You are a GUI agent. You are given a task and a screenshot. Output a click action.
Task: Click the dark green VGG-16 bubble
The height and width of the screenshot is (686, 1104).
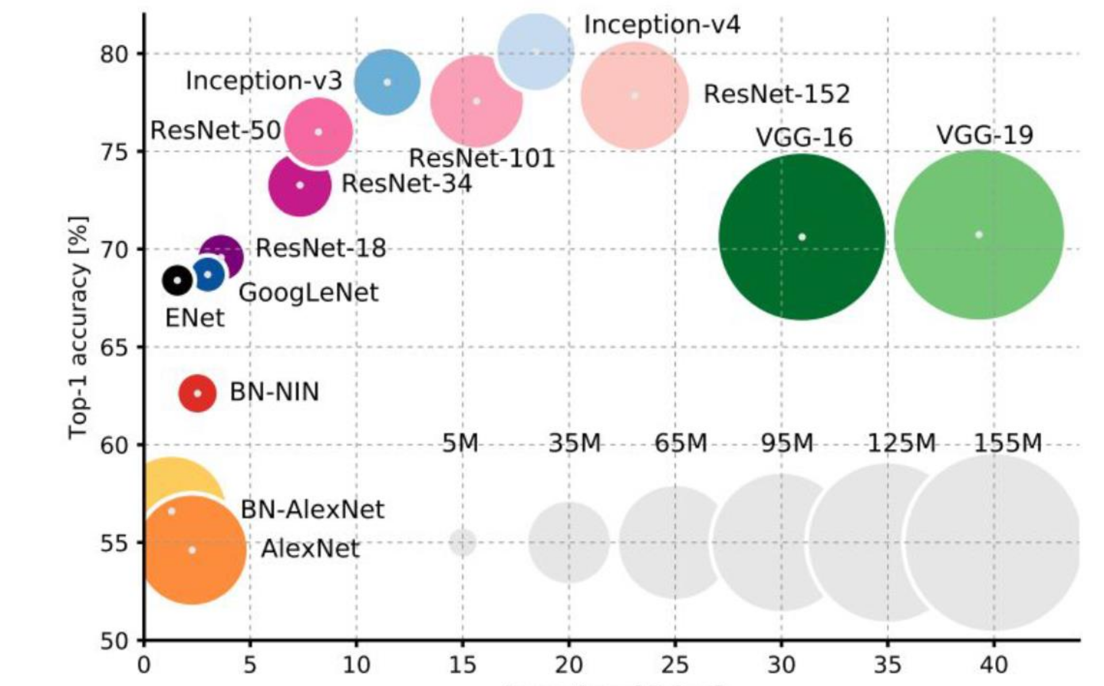801,237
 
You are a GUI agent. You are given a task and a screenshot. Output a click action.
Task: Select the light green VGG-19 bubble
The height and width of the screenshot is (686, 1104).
979,235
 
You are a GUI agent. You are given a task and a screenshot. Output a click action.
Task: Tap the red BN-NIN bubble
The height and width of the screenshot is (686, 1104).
197,393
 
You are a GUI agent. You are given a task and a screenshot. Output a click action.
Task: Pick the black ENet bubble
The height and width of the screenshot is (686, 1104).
178,281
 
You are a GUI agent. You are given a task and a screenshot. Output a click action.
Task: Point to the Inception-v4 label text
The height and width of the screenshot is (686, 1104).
662,25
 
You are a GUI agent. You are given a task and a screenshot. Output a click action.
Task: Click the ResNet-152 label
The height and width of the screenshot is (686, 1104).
777,94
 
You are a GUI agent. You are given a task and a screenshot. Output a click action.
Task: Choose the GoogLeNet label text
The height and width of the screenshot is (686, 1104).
308,293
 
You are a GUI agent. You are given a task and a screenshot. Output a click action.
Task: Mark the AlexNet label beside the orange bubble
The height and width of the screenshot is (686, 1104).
310,549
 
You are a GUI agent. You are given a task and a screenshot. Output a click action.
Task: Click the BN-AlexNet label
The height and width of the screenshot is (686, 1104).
312,509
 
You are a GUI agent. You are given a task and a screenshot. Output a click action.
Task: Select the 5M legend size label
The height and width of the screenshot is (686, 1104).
460,443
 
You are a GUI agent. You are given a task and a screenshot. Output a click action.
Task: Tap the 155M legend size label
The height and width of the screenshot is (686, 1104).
1008,443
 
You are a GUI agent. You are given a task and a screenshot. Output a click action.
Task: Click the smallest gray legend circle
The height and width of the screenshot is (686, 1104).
462,542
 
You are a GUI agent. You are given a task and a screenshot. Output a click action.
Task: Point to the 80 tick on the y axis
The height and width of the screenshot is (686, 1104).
114,54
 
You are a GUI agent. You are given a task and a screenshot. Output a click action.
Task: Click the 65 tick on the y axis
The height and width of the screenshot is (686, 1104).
114,347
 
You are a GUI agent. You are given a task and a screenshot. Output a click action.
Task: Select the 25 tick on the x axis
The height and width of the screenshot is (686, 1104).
675,665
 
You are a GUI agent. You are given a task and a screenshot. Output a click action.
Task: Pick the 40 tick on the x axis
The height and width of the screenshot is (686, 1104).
994,665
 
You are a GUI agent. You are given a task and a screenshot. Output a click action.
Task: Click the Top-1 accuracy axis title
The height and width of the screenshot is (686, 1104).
78,328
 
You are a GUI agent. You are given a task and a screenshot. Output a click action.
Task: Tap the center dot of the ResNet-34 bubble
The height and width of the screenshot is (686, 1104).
300,185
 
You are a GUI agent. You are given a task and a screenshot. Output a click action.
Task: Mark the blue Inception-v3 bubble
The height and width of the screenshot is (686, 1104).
387,82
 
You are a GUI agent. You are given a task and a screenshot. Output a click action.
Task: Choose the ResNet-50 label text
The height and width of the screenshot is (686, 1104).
216,131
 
